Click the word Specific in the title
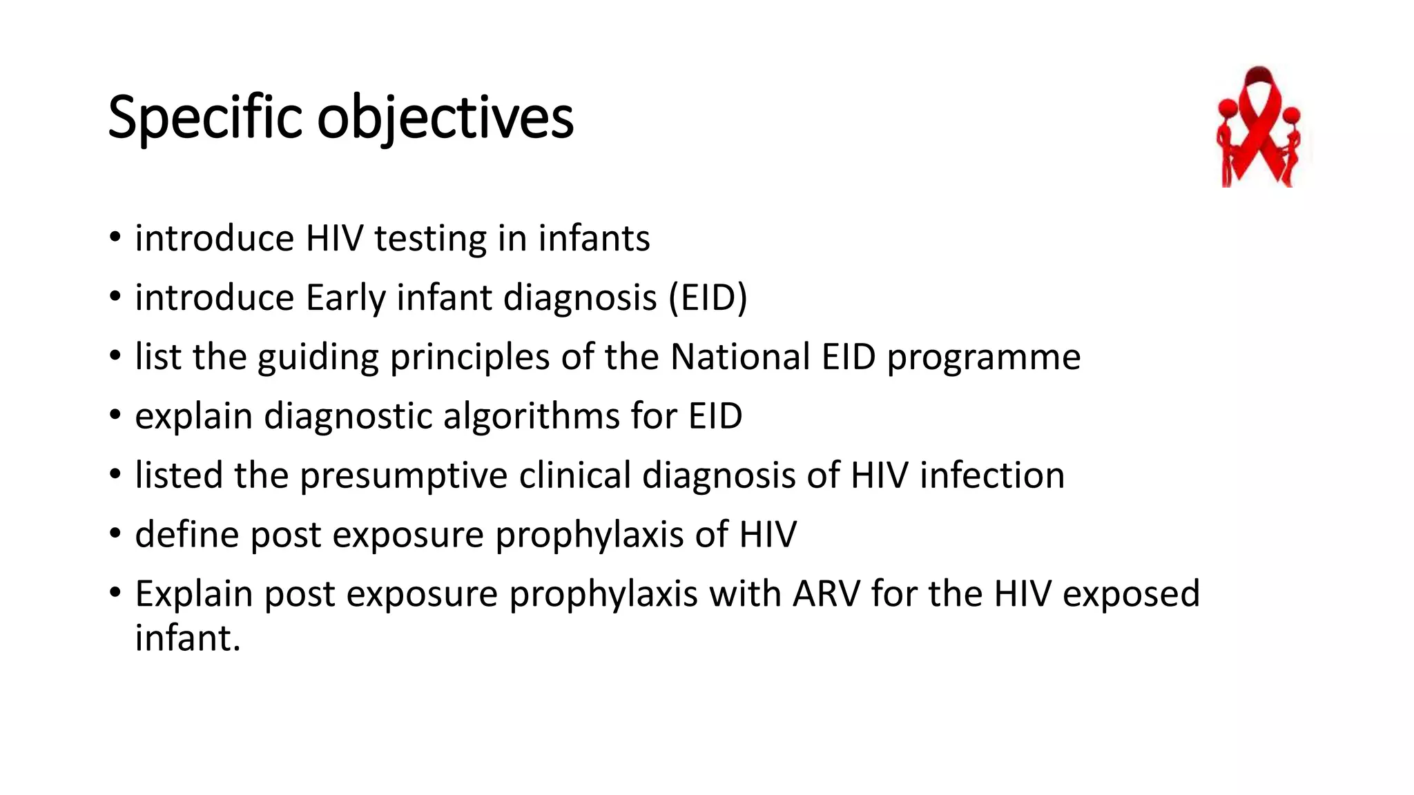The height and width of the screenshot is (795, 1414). pos(205,118)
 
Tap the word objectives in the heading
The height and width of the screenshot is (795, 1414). pos(445,118)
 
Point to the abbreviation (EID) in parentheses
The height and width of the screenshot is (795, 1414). pos(708,298)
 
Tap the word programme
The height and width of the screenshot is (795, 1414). pos(983,357)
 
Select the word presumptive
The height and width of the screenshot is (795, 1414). pos(403,475)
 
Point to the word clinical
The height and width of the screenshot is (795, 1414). pos(574,475)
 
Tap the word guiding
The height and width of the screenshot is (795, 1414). pos(318,357)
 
